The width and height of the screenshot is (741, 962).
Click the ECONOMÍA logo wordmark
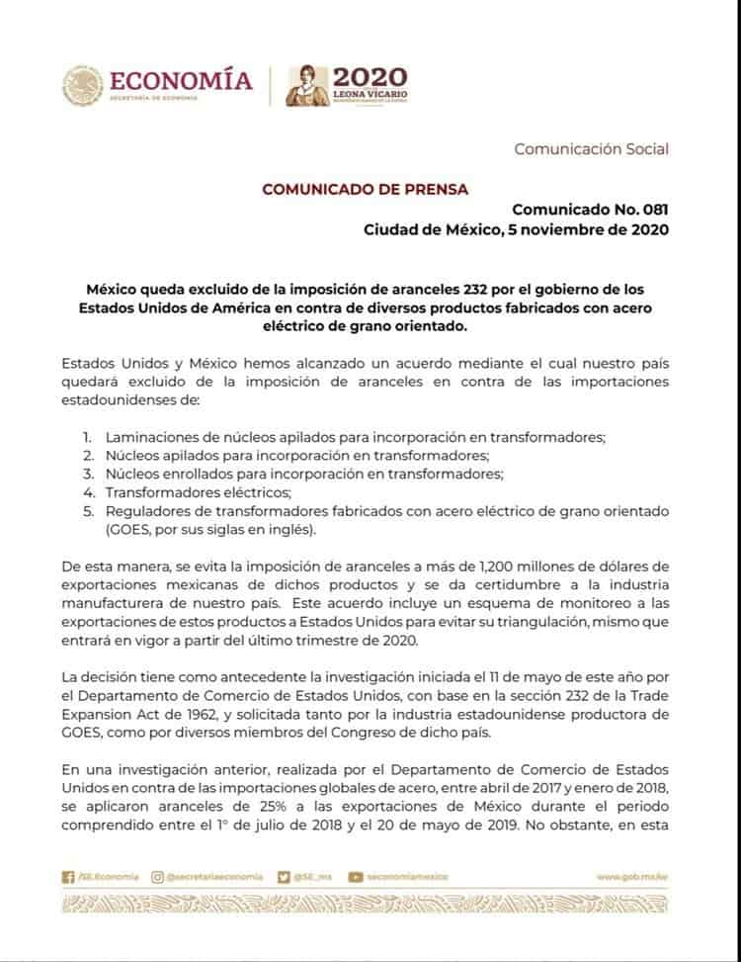(181, 81)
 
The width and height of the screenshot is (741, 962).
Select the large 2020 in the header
(370, 78)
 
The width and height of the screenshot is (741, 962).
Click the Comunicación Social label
(591, 149)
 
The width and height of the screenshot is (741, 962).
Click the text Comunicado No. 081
(590, 210)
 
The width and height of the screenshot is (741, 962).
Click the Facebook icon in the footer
(68, 876)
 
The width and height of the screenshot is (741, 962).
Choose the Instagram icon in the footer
(158, 876)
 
